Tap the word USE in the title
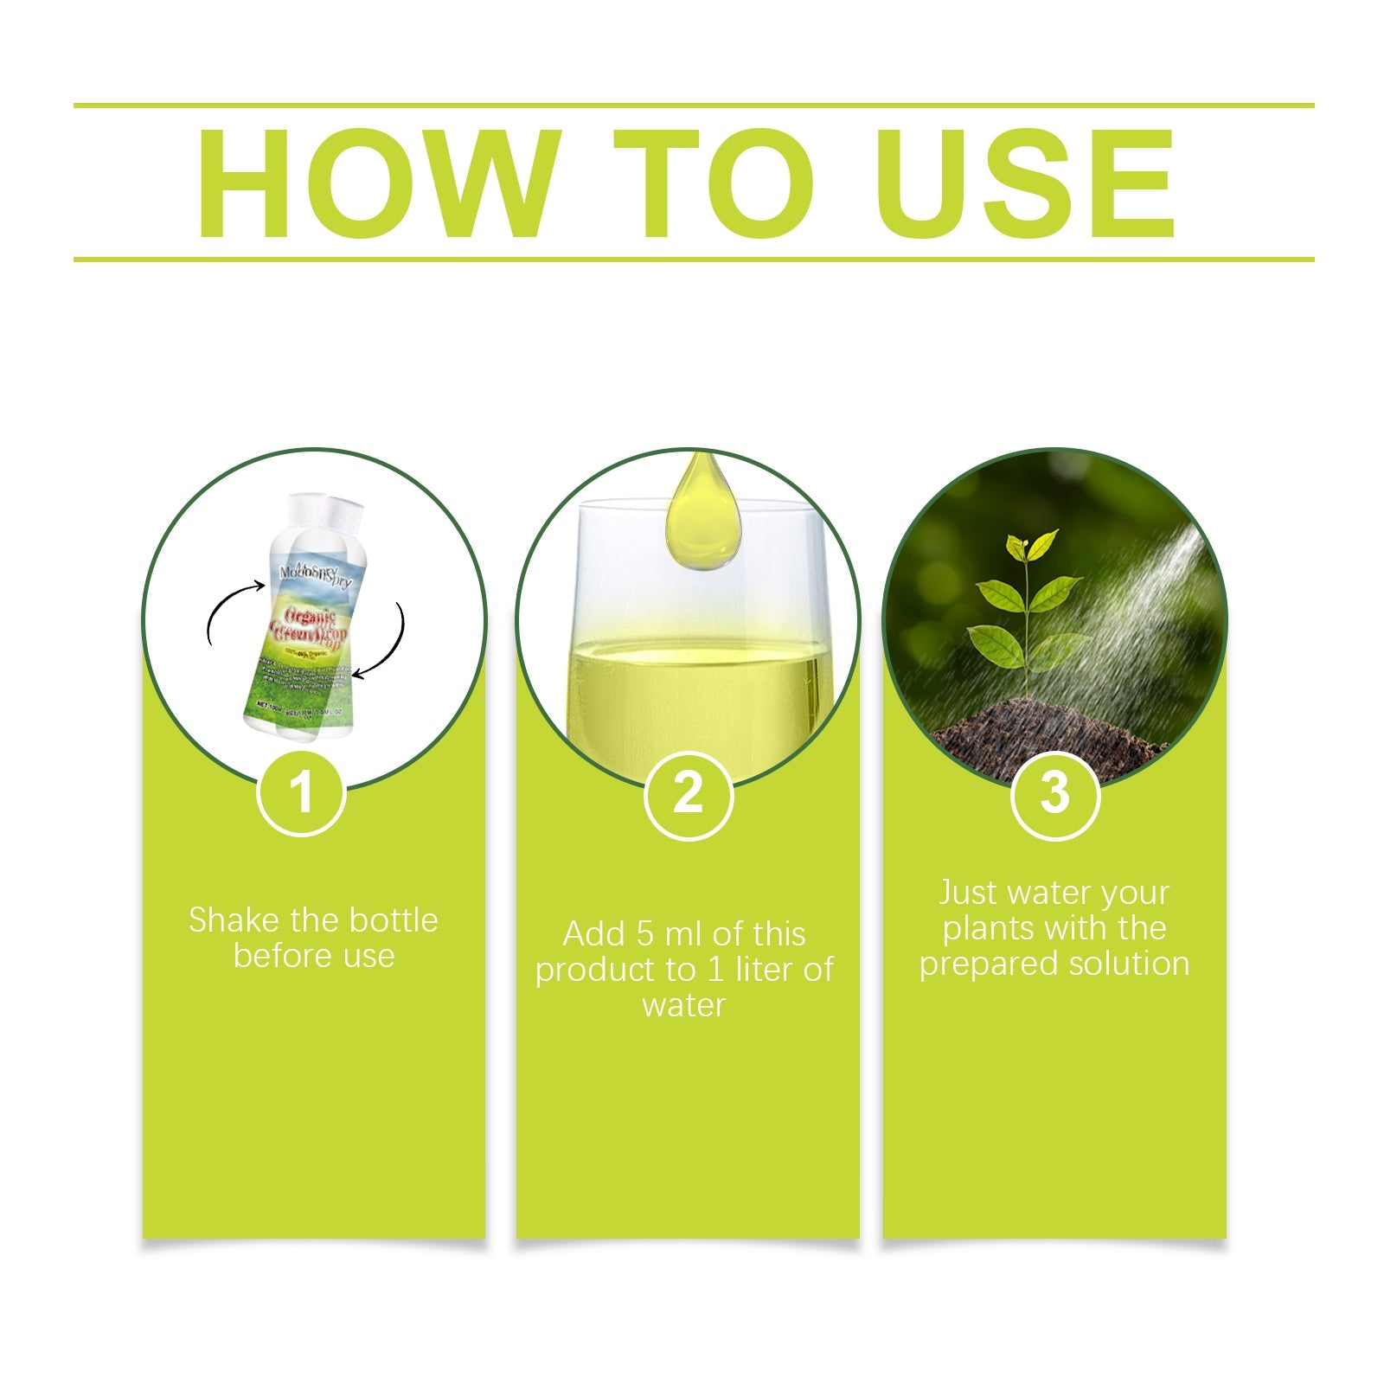[1025, 183]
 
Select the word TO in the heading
[714, 183]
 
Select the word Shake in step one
[227, 920]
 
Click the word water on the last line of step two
[683, 1006]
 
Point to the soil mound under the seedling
[1038, 735]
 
